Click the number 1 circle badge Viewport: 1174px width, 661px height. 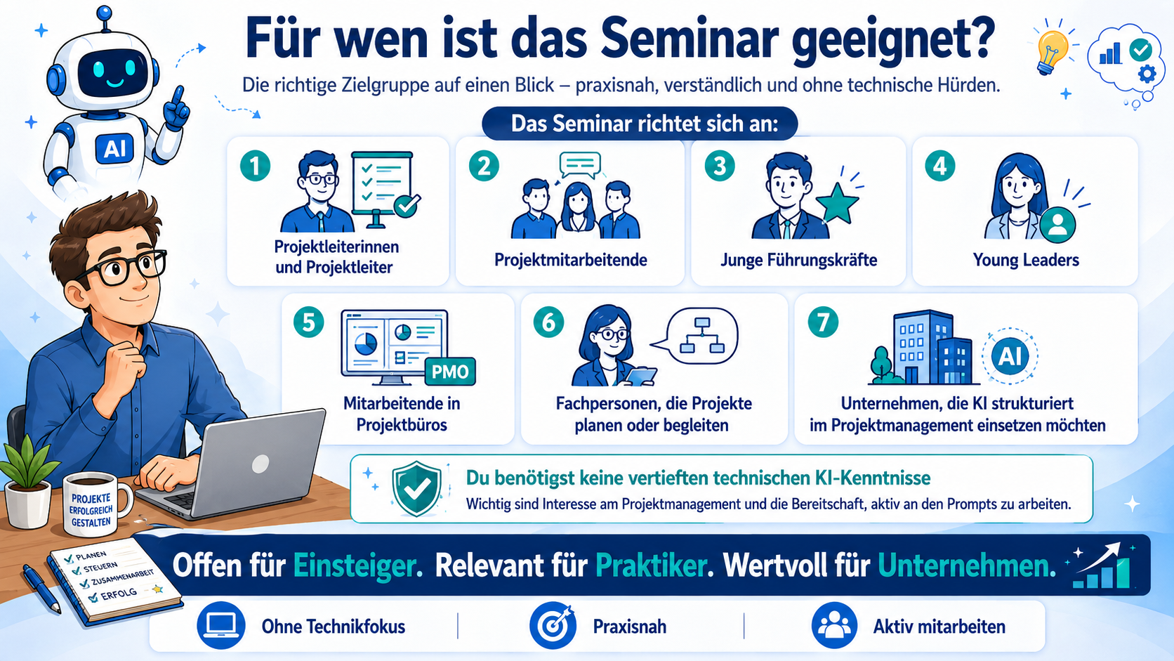(x=256, y=166)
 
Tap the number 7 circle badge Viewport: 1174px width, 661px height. (x=823, y=322)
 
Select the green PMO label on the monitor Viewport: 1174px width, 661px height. (x=449, y=372)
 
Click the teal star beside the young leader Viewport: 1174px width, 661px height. (x=840, y=203)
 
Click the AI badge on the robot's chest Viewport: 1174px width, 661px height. (x=114, y=149)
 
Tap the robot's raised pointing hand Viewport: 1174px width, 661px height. (x=176, y=108)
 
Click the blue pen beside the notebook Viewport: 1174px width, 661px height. (x=41, y=588)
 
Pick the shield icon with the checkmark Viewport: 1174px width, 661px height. (x=416, y=488)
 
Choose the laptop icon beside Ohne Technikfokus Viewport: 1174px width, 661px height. (x=220, y=625)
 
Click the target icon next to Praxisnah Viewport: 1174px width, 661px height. (x=553, y=625)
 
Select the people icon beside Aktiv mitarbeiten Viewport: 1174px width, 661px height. (x=834, y=625)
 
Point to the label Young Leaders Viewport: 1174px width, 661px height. (x=1026, y=260)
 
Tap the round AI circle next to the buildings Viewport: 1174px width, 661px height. (x=1010, y=356)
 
